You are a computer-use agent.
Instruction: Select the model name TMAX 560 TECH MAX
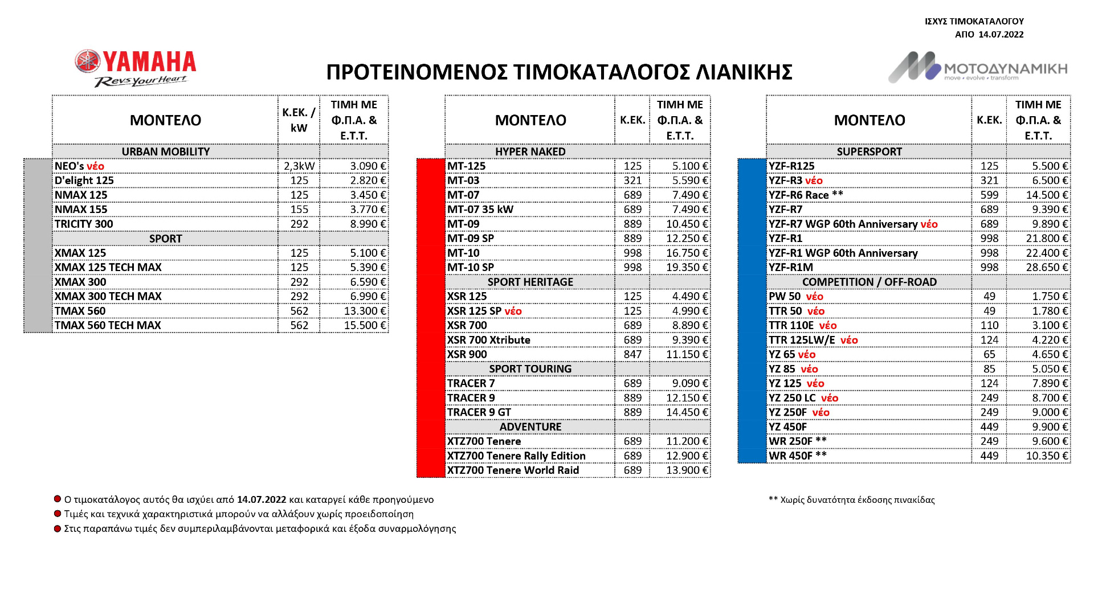[108, 325]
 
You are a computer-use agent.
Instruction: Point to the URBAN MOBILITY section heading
[165, 151]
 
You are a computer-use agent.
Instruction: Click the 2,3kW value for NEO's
[299, 166]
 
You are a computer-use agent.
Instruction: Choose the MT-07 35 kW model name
[480, 210]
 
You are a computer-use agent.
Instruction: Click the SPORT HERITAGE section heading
[530, 282]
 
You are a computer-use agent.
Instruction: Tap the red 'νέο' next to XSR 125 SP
[513, 311]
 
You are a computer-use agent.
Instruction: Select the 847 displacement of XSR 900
[632, 354]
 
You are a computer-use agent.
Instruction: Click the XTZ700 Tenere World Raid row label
[513, 470]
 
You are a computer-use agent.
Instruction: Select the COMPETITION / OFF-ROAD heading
[869, 282]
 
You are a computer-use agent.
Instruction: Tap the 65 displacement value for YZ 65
[989, 354]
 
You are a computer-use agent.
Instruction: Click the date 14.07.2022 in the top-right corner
[1001, 34]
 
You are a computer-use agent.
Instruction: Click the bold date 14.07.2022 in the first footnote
[262, 500]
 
